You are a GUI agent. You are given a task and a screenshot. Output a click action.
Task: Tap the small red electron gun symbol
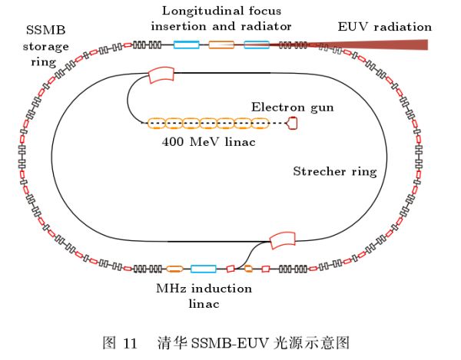click(293, 123)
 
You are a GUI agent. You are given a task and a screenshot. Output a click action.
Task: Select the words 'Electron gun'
click(293, 107)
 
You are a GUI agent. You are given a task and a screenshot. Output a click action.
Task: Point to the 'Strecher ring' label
click(334, 171)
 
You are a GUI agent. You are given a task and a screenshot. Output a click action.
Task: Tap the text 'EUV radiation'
click(385, 26)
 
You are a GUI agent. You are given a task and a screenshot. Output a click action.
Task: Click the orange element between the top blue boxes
click(222, 45)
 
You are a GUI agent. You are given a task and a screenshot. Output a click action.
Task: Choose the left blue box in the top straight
click(186, 45)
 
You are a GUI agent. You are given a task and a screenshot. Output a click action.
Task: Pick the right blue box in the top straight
click(256, 45)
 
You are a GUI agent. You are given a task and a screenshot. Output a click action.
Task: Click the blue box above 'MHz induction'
click(203, 269)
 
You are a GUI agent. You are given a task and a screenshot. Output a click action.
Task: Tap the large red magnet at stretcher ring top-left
click(161, 75)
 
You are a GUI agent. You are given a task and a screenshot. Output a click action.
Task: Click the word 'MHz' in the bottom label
click(171, 289)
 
